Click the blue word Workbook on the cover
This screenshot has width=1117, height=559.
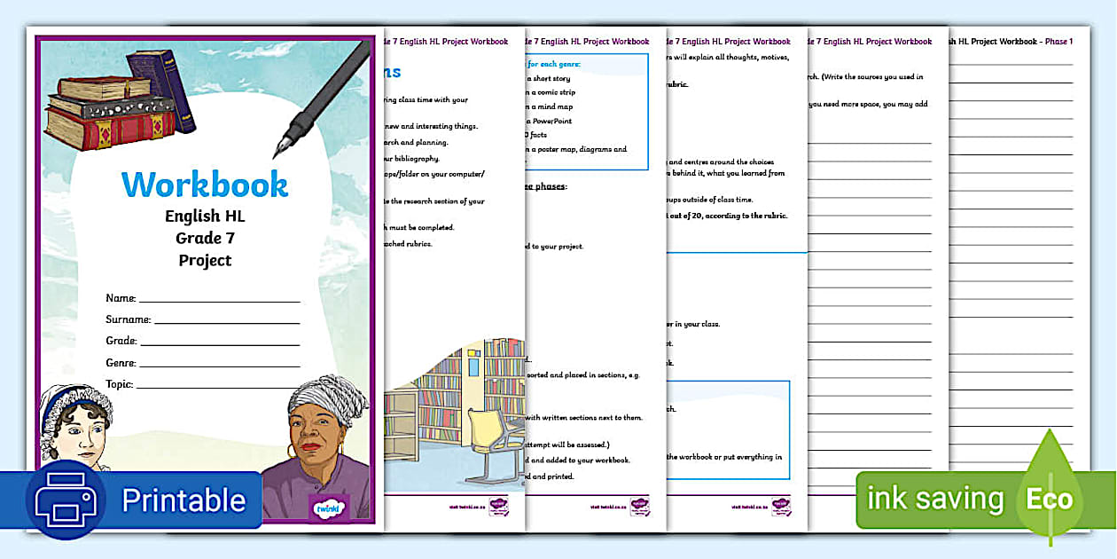pos(205,185)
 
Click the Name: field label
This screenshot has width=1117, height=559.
pos(121,298)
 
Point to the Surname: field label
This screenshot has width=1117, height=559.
pos(128,319)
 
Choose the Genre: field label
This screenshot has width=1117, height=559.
pos(121,363)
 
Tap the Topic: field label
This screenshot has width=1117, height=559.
pos(119,384)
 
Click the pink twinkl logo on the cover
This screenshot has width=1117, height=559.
pos(329,507)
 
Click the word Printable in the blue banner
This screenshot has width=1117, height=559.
pos(184,500)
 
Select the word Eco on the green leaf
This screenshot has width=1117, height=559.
pos(1050,500)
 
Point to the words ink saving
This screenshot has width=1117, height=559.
pos(934,500)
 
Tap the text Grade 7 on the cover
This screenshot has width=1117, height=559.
pos(205,238)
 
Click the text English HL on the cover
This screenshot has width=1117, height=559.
pos(205,216)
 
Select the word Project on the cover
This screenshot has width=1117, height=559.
pos(205,260)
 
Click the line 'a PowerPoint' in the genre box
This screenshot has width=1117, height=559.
pos(551,120)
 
